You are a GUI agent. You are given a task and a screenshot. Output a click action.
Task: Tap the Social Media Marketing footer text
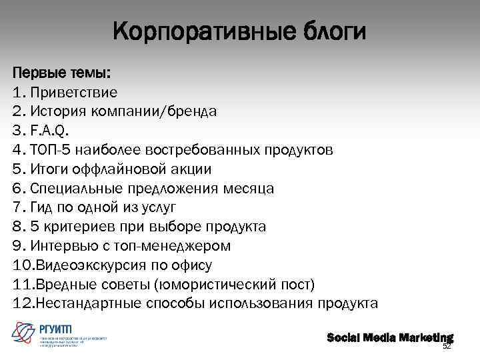click(x=389, y=337)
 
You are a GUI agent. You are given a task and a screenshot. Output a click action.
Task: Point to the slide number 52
click(x=447, y=347)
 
